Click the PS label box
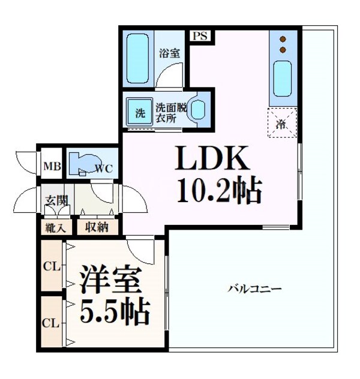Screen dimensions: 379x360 200,36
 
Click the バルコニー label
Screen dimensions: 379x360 254,289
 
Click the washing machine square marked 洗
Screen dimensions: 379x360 140,112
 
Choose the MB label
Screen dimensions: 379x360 50,167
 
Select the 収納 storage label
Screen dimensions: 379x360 97,227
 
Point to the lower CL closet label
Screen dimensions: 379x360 50,323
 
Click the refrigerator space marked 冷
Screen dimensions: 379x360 281,124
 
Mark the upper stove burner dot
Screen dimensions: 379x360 283,40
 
